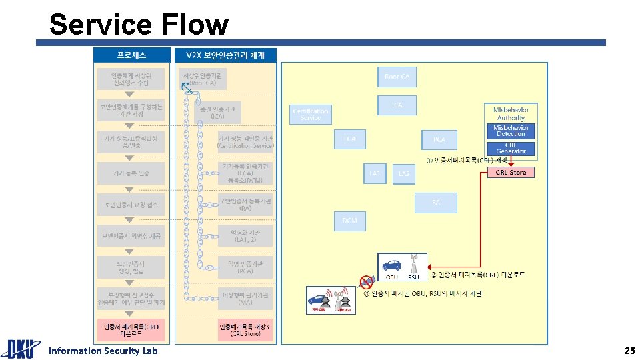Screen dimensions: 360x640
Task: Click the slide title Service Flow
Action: (139, 25)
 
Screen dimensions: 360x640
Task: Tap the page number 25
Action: (629, 351)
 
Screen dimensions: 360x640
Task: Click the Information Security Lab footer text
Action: (103, 351)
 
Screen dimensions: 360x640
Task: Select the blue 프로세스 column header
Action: (131, 55)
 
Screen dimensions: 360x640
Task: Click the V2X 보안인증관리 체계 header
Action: (225, 55)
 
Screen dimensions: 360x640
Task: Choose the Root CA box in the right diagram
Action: (397, 77)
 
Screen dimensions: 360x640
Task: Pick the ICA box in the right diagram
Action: (397, 105)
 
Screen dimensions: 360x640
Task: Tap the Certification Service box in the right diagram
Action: (311, 114)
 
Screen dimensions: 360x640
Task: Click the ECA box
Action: (349, 139)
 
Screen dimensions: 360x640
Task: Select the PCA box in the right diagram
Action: (439, 139)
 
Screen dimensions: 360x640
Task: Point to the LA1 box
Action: (375, 173)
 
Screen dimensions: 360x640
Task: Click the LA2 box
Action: (404, 173)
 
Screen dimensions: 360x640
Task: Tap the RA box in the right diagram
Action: (435, 201)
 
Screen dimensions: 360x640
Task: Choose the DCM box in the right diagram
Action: (349, 221)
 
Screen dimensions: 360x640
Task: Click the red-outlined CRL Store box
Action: (511, 173)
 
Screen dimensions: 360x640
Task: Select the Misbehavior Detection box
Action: (511, 131)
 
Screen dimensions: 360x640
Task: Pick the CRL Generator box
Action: (511, 148)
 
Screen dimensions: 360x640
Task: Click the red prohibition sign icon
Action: (365, 281)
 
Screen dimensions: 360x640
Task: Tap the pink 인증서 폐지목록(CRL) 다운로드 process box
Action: (131, 331)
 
